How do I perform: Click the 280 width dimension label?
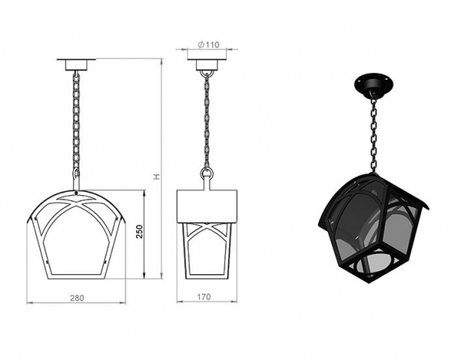point(77,298)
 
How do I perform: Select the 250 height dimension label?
point(139,231)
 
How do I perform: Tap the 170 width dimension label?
point(204,297)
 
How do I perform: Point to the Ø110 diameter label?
point(209,44)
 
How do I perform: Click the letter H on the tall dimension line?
point(156,176)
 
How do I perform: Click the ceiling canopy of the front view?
point(76,65)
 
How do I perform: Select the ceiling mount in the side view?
point(206,65)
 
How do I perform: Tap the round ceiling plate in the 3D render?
point(373,83)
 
